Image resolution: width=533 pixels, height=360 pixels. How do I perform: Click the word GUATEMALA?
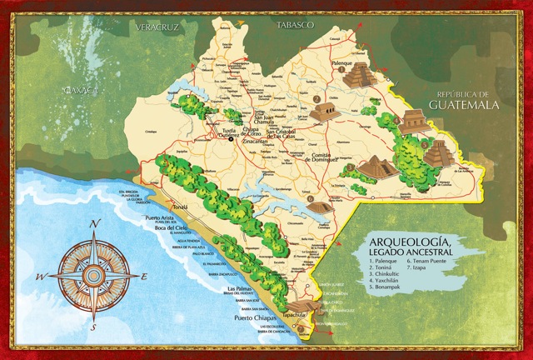tap(464, 105)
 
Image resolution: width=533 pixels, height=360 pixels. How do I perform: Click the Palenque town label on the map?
tap(342, 63)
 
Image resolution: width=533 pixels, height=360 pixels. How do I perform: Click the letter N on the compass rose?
tap(96, 222)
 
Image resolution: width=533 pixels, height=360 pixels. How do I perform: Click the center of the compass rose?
tap(96, 271)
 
